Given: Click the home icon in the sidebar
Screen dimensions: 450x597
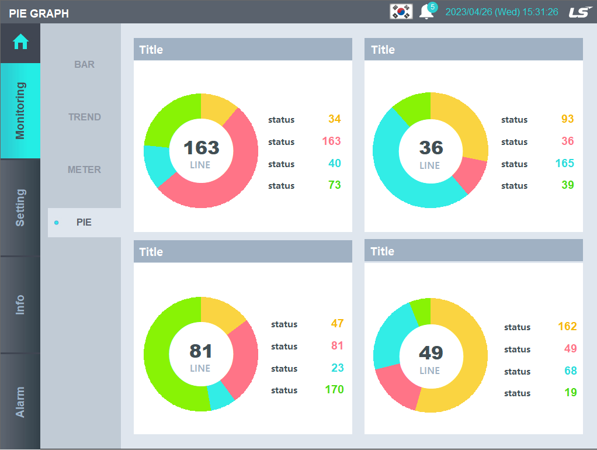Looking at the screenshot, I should (x=20, y=42).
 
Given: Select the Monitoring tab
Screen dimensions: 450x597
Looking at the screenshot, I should (x=20, y=110).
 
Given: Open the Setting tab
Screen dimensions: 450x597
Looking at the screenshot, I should (x=20, y=207).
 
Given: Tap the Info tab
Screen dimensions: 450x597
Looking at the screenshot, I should (x=20, y=304).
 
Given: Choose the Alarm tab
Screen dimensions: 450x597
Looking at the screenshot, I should (x=20, y=401).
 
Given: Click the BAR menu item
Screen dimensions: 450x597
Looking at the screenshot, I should (x=84, y=64).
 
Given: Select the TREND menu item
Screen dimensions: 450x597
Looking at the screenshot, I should (x=84, y=117).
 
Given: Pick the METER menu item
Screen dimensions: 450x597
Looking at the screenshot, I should (x=84, y=169).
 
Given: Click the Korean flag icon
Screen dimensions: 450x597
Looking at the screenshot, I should (x=401, y=11).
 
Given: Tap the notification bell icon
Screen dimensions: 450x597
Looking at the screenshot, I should (x=426, y=12).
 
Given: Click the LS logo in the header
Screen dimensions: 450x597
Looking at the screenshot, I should (x=581, y=12).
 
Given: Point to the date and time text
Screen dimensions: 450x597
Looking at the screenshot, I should (x=502, y=12).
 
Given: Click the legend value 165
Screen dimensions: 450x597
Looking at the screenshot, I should (x=565, y=163).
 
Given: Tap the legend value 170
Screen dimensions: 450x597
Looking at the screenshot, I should (x=334, y=389).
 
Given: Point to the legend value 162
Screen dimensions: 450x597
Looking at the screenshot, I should (x=567, y=326).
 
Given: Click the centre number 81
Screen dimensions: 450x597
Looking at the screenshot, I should (x=201, y=351).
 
